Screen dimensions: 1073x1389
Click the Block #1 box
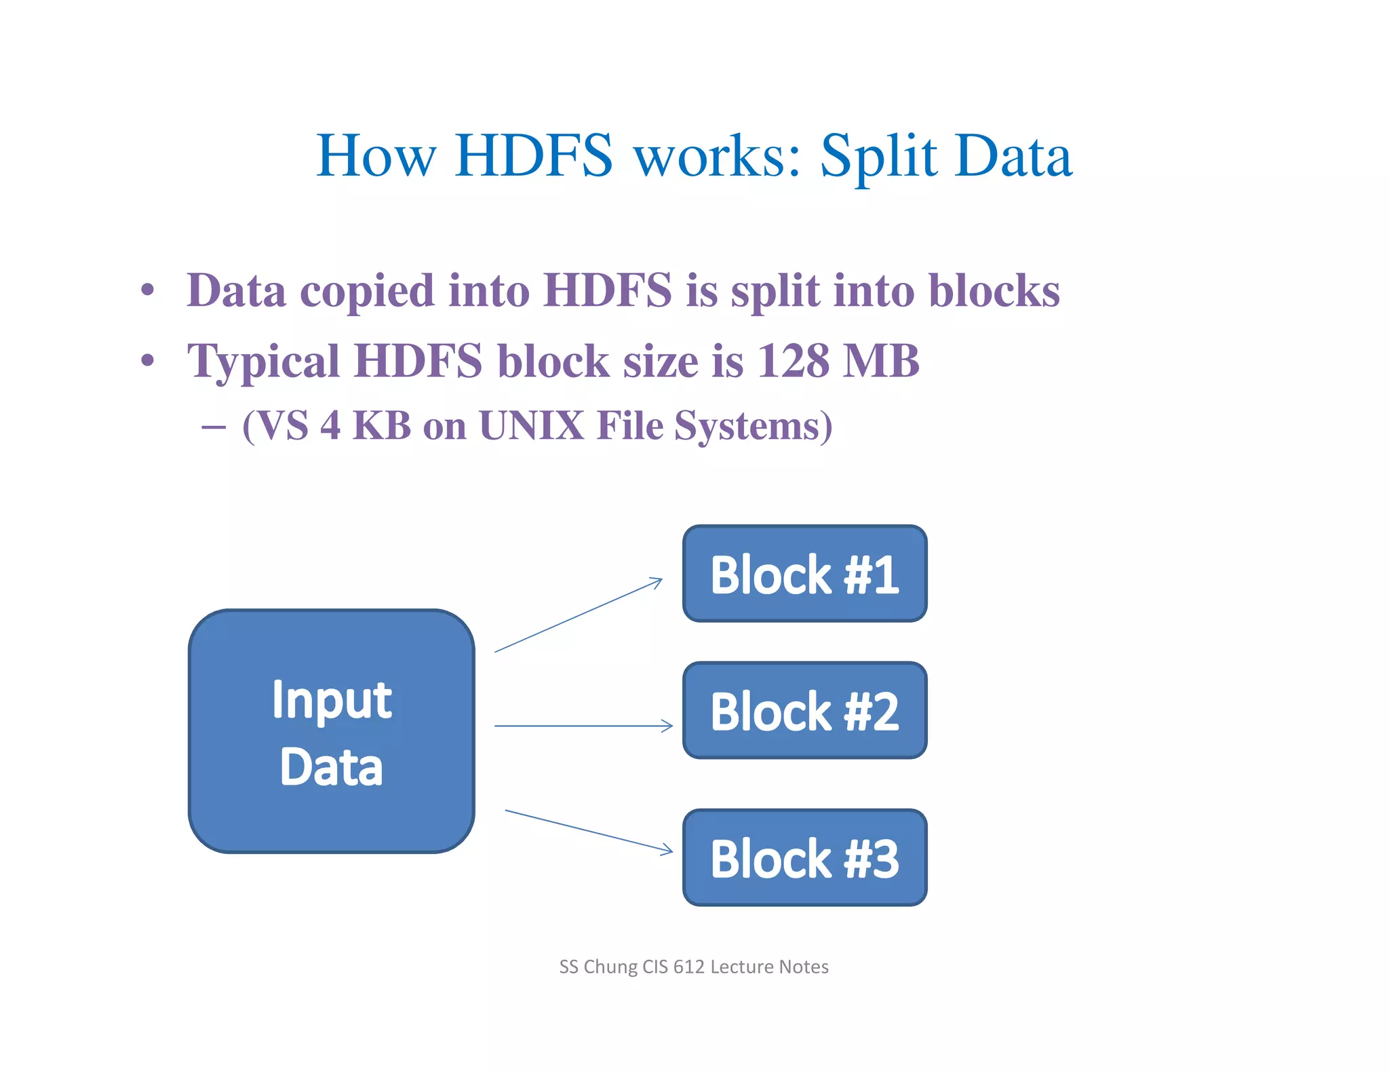804,574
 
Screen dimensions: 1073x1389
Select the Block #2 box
804,710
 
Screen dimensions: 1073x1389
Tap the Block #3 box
804,857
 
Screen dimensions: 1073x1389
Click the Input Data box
331,731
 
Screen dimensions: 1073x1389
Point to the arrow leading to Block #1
579,614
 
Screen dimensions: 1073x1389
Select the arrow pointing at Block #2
583,726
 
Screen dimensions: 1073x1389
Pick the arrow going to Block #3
589,831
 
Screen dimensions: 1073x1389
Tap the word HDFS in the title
534,156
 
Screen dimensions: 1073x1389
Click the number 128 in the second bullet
791,361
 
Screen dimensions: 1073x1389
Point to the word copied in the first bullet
367,292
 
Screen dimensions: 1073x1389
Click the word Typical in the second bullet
263,362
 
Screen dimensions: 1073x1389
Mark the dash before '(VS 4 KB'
214,427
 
